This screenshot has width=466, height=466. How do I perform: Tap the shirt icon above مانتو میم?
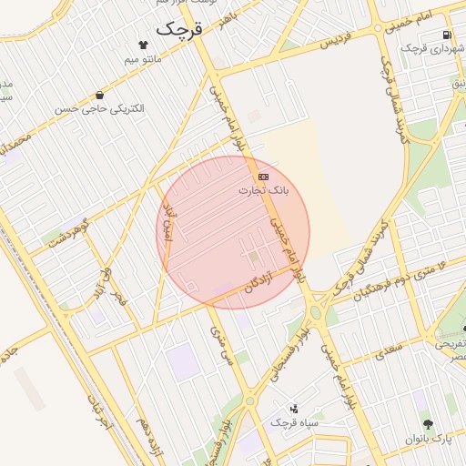[143, 44]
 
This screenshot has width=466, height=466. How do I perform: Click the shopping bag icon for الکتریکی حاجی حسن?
[98, 95]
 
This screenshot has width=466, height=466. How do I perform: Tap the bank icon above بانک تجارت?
[263, 176]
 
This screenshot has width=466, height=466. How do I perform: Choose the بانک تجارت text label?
[263, 190]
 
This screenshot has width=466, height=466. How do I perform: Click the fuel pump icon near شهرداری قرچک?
[446, 35]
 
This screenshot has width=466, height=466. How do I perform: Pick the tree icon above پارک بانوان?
[428, 424]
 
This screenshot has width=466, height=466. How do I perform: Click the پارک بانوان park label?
[428, 439]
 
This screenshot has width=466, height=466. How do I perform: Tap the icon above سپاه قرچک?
[293, 409]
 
